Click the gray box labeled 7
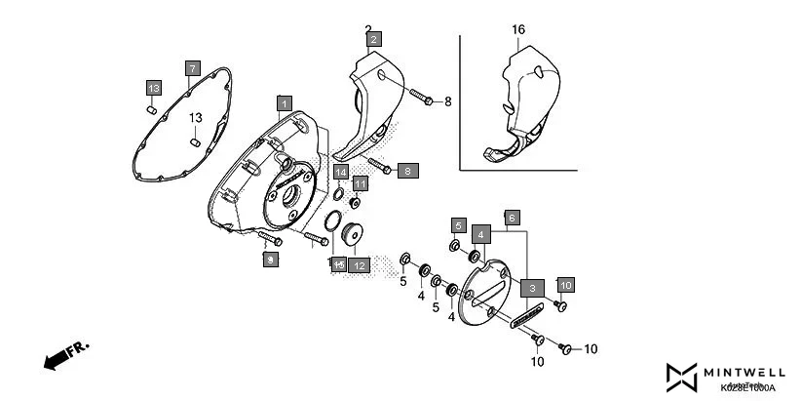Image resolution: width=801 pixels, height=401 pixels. (x=193, y=68)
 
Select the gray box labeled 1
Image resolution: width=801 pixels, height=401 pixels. (x=284, y=102)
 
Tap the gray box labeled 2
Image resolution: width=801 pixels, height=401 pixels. (x=373, y=39)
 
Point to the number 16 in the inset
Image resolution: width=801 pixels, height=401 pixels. (x=518, y=30)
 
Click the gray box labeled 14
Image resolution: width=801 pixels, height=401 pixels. (x=341, y=172)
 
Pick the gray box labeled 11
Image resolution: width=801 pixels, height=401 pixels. (x=360, y=183)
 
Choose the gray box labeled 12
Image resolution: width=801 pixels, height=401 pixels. (x=359, y=264)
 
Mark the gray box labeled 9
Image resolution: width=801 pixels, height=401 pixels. (x=271, y=259)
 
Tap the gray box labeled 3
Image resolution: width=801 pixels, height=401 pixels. (x=532, y=288)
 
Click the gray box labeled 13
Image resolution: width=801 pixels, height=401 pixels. (x=153, y=89)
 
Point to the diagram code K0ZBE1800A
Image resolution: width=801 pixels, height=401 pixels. (x=747, y=387)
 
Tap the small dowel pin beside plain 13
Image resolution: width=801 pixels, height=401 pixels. (x=196, y=143)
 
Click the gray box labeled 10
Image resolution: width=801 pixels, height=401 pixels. (x=565, y=284)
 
